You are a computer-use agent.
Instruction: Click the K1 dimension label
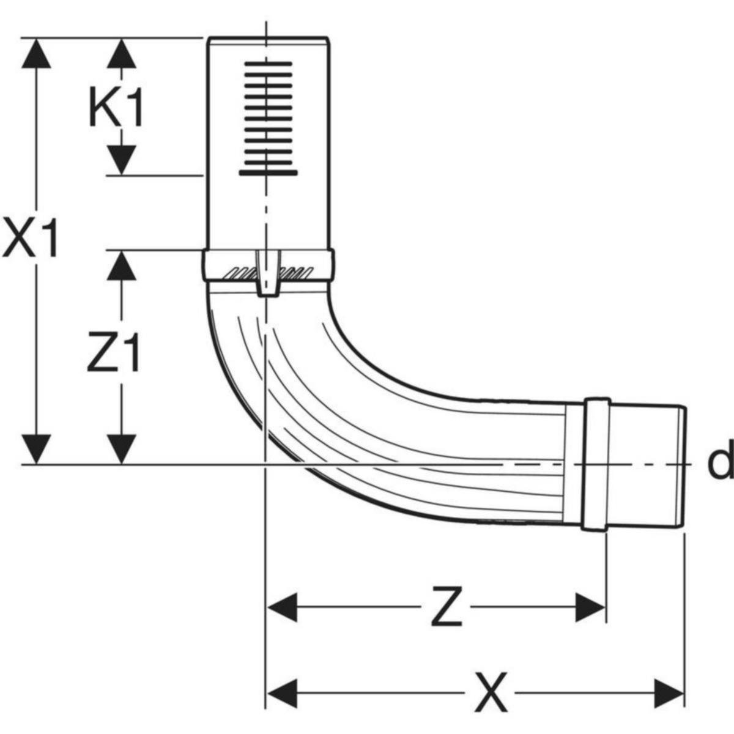[116, 108]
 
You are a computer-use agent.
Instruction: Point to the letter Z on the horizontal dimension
[446, 607]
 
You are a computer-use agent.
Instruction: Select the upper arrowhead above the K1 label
[122, 53]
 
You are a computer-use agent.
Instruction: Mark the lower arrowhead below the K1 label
[122, 160]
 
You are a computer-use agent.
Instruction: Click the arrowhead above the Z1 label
[122, 264]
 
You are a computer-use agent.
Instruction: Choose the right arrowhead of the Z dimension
[590, 607]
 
